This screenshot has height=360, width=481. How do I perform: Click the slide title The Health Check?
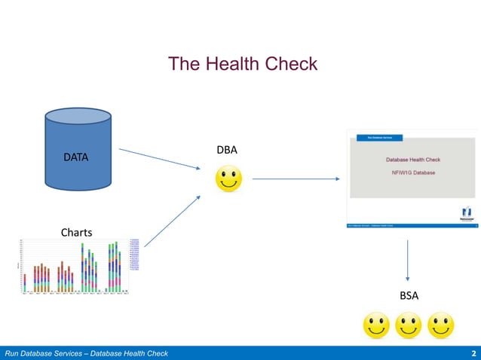pos(243,64)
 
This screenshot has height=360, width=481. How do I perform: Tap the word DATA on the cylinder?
pos(75,157)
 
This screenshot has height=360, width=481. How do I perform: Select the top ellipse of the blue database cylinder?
pos(78,119)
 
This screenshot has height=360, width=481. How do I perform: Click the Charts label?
pos(76,232)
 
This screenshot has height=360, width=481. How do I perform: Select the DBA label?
pos(227,150)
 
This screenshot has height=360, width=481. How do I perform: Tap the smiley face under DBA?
pos(229,179)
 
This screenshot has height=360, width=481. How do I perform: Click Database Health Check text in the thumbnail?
pos(412,160)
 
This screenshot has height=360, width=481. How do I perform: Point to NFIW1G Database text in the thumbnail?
pos(412,172)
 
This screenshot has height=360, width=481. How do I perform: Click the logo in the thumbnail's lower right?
pos(467,212)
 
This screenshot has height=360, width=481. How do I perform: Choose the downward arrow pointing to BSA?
pos(408,261)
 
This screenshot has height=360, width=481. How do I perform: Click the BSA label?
pos(409,296)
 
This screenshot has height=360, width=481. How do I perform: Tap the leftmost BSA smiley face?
pos(376,326)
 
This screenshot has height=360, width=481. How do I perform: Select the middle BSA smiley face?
pos(409,326)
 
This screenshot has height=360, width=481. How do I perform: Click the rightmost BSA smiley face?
pos(441,326)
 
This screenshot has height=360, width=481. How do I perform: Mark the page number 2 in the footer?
pos(473,353)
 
